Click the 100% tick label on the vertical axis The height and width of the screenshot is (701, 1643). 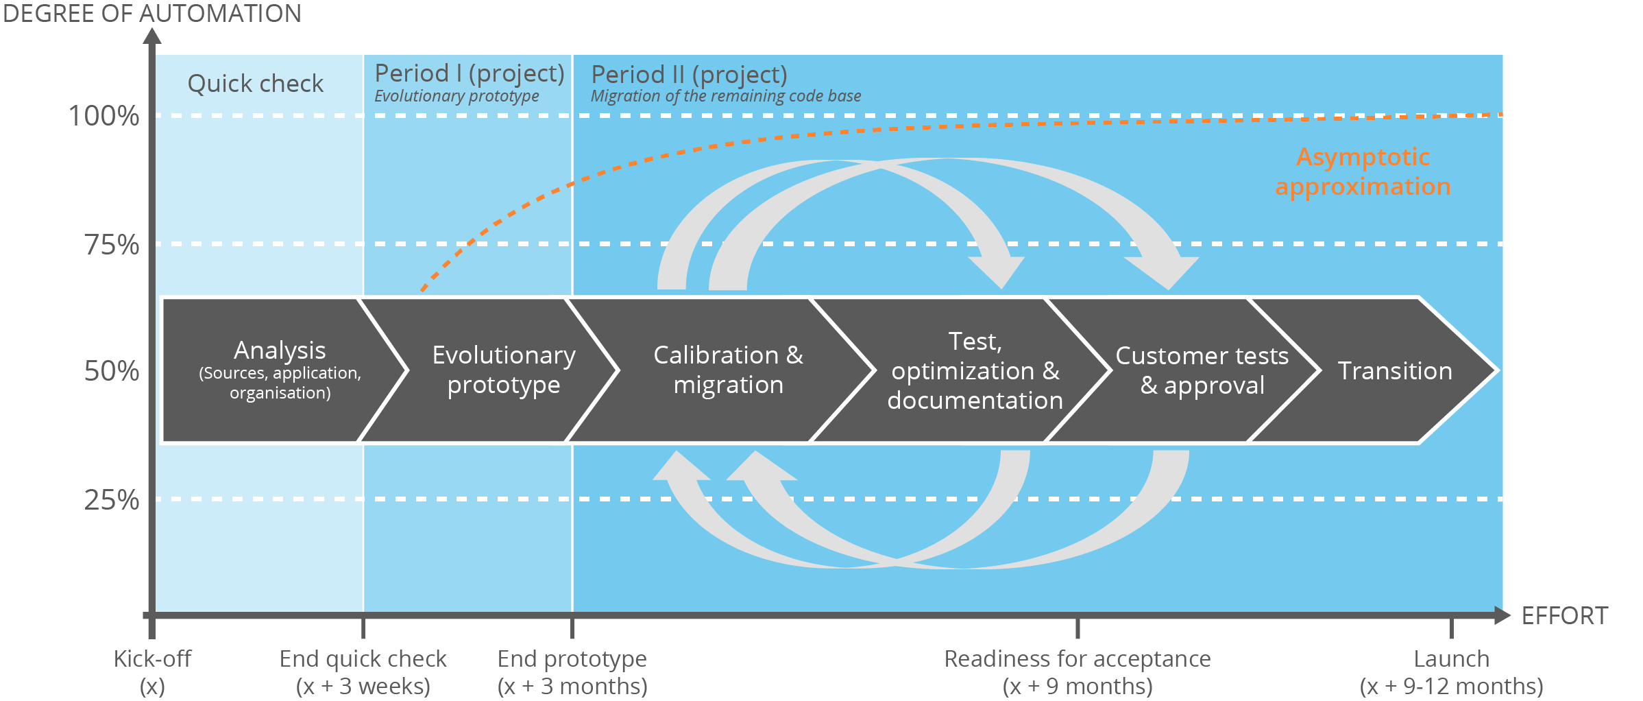104,116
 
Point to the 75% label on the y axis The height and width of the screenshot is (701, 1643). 111,245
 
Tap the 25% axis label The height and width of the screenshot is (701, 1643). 111,500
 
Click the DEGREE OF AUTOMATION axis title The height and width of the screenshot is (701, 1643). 151,14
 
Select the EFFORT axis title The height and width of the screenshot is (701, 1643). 1564,616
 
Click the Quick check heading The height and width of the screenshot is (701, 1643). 255,84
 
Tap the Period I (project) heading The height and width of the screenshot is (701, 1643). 470,73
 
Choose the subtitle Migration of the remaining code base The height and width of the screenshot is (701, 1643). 725,96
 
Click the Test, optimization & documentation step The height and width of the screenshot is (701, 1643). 974,370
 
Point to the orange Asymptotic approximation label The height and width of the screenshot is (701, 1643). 1363,171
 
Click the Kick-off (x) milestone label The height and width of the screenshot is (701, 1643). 152,672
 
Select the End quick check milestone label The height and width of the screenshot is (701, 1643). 363,672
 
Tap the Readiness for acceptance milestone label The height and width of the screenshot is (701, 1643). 1077,672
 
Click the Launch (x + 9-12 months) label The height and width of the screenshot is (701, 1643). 1451,672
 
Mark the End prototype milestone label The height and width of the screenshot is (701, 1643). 572,672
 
